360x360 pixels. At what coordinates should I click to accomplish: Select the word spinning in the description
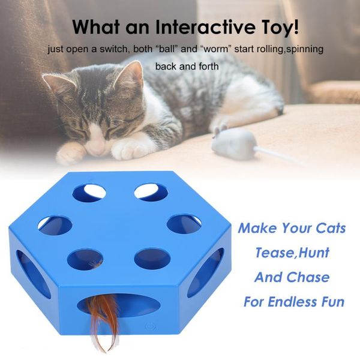pyautogui.click(x=303, y=48)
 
